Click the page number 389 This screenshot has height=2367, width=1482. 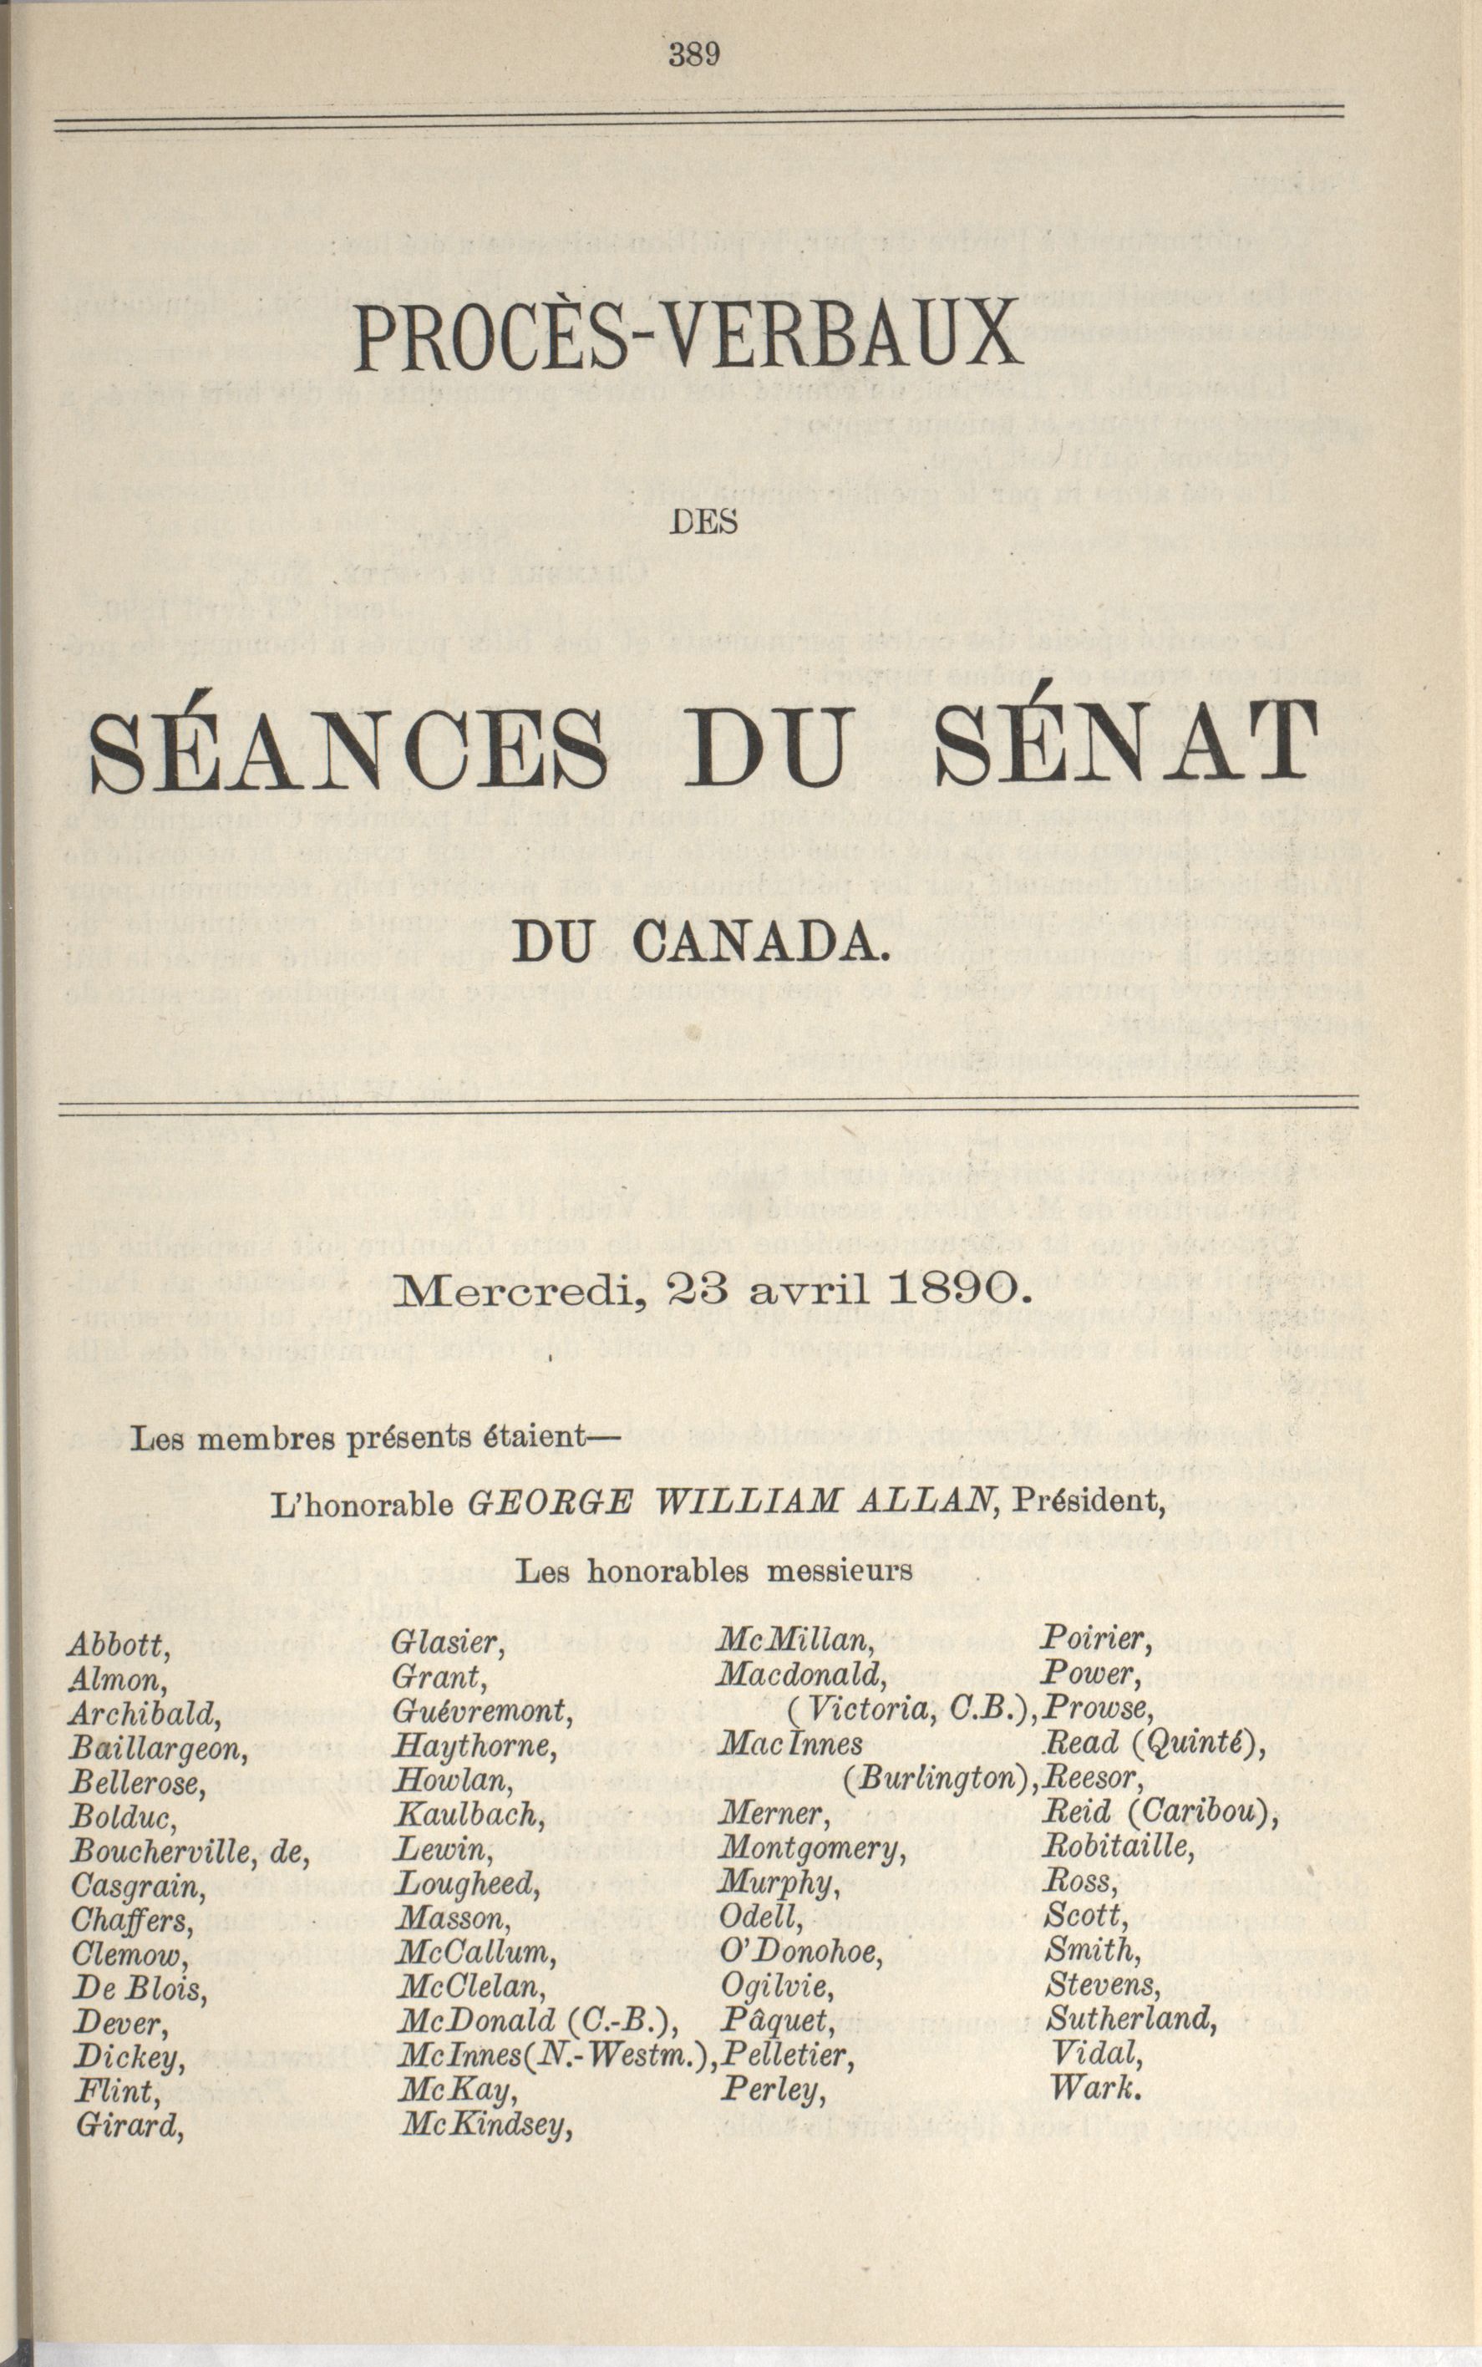pos(694,54)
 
